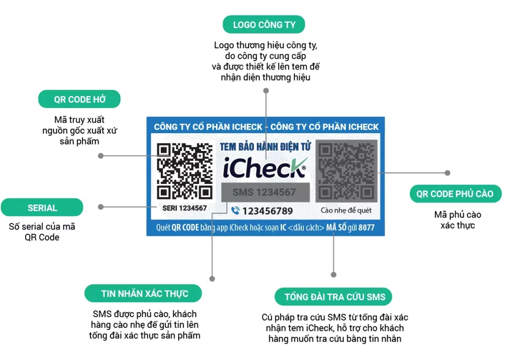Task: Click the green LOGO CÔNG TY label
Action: click(x=264, y=25)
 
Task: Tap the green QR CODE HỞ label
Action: click(x=79, y=99)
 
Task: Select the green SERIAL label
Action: click(x=42, y=208)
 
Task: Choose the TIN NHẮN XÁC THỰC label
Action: click(x=144, y=293)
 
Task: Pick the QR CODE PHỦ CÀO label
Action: click(x=455, y=194)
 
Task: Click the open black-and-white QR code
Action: click(x=184, y=171)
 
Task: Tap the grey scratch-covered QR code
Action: click(x=346, y=171)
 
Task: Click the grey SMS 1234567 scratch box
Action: click(x=265, y=192)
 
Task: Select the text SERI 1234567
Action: click(x=184, y=209)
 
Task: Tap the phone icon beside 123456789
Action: click(x=235, y=211)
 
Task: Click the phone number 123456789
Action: click(x=268, y=211)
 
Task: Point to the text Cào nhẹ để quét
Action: click(x=346, y=211)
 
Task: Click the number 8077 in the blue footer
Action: click(x=366, y=228)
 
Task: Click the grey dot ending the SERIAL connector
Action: click(x=101, y=207)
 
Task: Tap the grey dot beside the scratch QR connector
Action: click(x=447, y=173)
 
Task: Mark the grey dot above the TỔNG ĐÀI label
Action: click(x=333, y=274)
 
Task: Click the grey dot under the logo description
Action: click(x=266, y=91)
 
